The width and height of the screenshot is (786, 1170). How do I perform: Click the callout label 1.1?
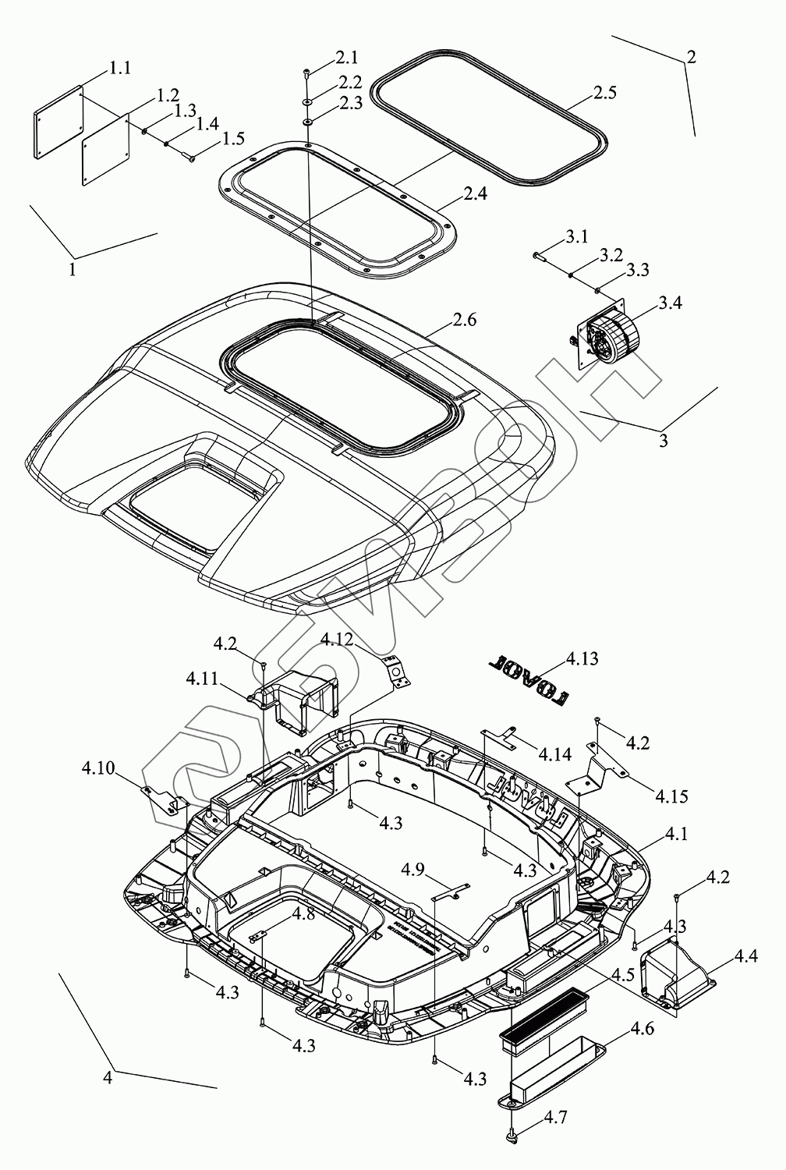pyautogui.click(x=119, y=68)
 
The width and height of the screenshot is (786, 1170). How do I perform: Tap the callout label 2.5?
pyautogui.click(x=604, y=93)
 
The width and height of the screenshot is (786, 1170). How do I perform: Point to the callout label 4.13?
pyautogui.click(x=582, y=658)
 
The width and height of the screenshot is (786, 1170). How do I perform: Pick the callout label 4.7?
pyautogui.click(x=555, y=1118)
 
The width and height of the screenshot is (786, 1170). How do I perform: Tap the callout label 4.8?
pyautogui.click(x=304, y=913)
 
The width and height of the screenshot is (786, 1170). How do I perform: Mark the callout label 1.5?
pyautogui.click(x=233, y=139)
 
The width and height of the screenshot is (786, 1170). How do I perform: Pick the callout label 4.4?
pyautogui.click(x=746, y=955)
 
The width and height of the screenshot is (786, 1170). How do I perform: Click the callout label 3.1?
pyautogui.click(x=577, y=237)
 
